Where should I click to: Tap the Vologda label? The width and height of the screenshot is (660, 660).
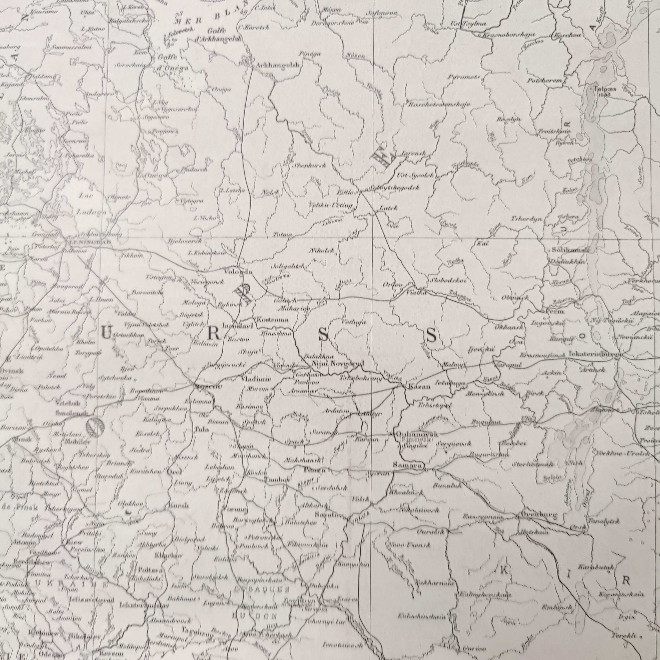(x=238, y=272)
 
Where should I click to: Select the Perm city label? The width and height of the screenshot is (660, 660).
(x=555, y=312)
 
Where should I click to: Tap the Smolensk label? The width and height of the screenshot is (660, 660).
(x=68, y=413)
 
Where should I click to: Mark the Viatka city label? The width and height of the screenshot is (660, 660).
(x=417, y=293)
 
